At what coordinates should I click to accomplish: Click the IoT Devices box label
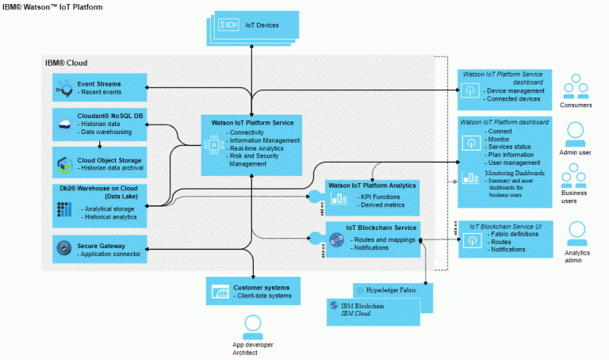pyautogui.click(x=262, y=25)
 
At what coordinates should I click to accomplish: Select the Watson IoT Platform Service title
pyautogui.click(x=251, y=122)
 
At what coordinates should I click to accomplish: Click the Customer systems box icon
pyautogui.click(x=220, y=293)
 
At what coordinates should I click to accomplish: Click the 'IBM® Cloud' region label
pyautogui.click(x=66, y=63)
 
